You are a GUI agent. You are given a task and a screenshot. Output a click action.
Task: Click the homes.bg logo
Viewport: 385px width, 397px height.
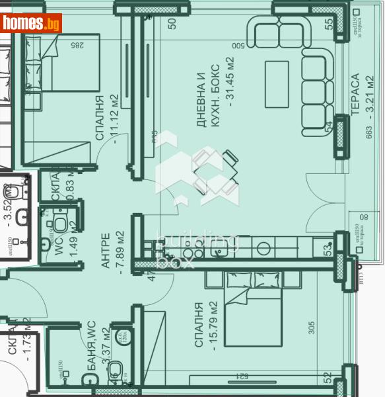32,23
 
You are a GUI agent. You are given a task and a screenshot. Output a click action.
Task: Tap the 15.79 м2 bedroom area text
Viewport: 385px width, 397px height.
213,324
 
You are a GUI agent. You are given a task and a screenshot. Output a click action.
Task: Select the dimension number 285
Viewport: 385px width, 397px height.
78,45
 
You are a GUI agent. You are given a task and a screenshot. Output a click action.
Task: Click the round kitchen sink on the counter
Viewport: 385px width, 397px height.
263,248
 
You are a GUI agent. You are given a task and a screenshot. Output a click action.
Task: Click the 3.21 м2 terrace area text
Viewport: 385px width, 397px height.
369,93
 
